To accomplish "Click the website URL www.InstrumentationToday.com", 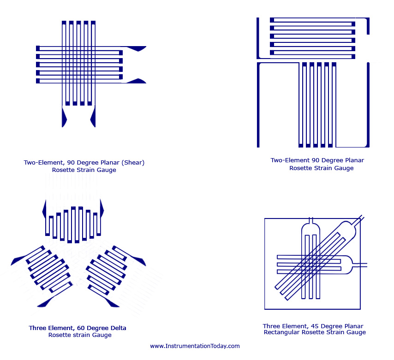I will [x=195, y=346].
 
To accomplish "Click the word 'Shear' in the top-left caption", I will [x=134, y=163].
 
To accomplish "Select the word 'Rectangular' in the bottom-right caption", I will [x=281, y=332].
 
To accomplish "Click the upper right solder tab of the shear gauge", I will [x=137, y=48].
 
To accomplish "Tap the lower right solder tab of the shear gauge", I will [x=137, y=81].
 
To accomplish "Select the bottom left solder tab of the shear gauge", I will [x=64, y=118].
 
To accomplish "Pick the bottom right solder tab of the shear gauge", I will [x=93, y=118].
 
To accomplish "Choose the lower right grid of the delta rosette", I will [x=106, y=269].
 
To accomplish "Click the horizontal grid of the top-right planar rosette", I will [x=312, y=38].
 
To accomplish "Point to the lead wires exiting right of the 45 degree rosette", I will [x=361, y=265].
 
